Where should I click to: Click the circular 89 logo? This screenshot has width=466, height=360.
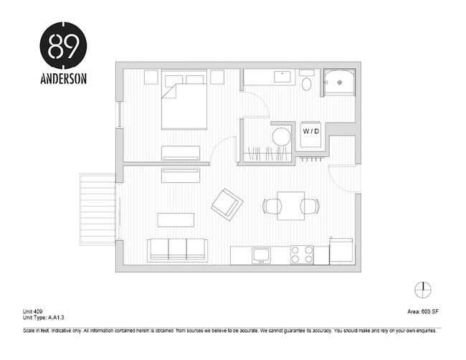[63, 45]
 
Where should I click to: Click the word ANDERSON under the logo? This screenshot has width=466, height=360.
[63, 79]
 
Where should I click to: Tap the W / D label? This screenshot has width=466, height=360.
[310, 131]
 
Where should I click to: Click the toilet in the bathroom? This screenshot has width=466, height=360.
[306, 84]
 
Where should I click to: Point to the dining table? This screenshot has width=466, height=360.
[290, 206]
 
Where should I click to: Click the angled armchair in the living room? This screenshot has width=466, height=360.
[227, 204]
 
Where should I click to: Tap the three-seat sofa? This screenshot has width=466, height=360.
[177, 250]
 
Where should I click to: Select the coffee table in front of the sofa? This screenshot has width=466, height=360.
[176, 219]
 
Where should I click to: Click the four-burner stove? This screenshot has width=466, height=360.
[302, 254]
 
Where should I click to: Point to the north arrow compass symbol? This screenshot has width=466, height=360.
[423, 289]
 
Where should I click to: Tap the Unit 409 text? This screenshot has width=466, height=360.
[34, 311]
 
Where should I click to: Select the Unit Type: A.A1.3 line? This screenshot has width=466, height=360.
[44, 317]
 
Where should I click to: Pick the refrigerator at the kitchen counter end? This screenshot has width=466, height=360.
[341, 251]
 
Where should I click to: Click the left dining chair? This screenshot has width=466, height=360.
[270, 207]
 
